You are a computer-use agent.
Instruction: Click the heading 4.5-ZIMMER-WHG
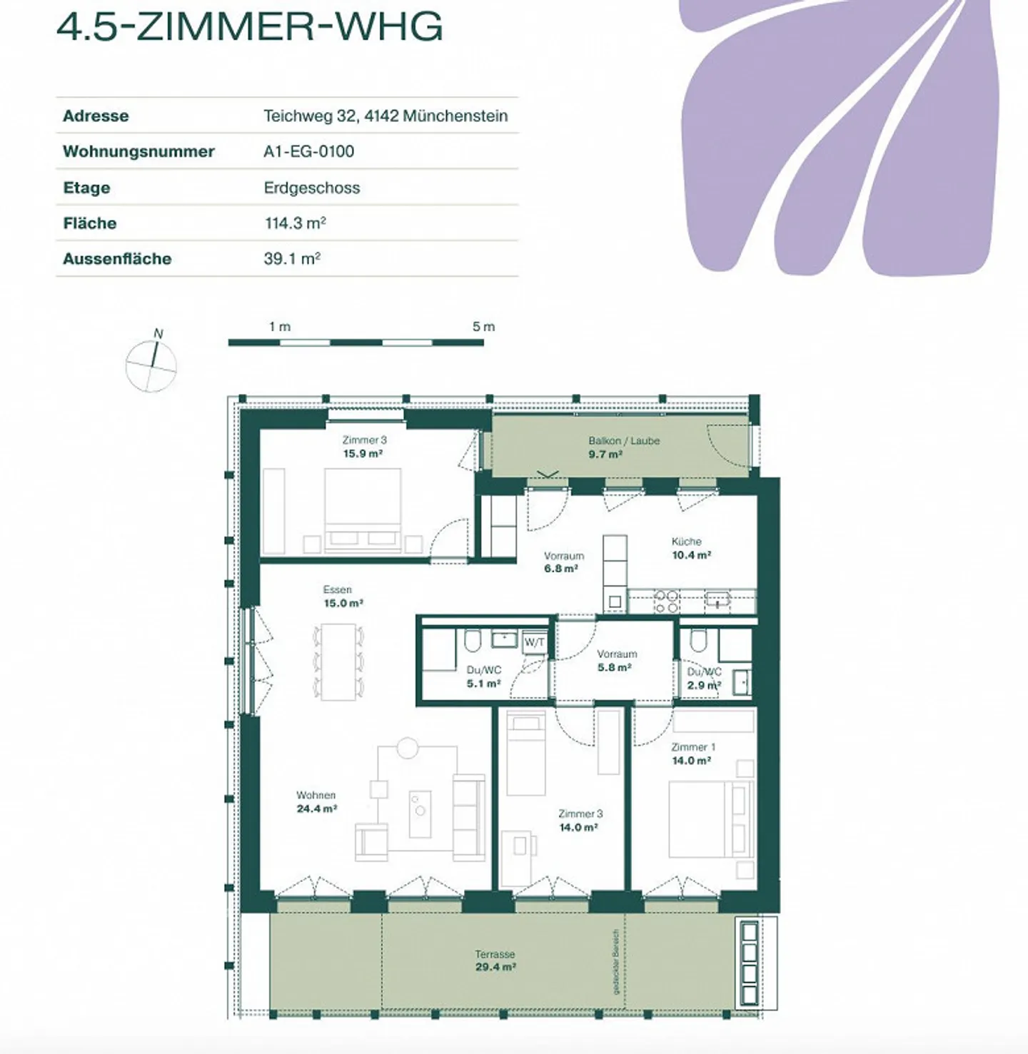click(249, 26)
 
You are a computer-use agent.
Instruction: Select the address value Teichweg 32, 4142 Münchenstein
click(385, 116)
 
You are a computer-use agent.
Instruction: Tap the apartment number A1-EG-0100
click(308, 151)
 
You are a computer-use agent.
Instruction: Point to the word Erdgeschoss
click(312, 188)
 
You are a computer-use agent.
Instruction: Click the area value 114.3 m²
click(295, 223)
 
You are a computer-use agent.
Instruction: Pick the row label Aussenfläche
click(117, 259)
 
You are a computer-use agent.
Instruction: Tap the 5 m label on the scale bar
click(483, 327)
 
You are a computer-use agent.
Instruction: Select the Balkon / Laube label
click(623, 441)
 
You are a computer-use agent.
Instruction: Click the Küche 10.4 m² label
click(690, 548)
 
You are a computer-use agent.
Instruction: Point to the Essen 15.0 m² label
click(342, 597)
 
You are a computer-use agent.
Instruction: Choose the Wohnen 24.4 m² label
click(316, 802)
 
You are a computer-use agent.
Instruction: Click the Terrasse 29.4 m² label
click(495, 961)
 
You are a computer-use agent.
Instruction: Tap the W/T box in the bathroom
click(535, 642)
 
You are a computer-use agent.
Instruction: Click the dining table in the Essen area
click(338, 662)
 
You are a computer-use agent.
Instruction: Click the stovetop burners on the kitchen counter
click(667, 602)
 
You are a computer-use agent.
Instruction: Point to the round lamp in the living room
click(408, 747)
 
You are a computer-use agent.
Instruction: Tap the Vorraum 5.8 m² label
click(615, 661)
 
